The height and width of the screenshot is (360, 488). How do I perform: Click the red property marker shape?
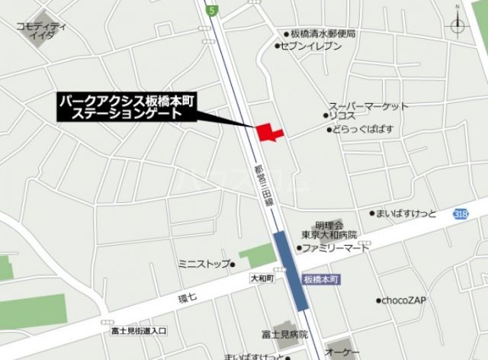(x=268, y=132)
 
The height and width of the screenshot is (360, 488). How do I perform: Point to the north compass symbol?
(x=457, y=24)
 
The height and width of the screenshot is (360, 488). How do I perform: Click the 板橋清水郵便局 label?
(x=323, y=34)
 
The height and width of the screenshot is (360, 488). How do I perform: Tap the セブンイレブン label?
(x=313, y=47)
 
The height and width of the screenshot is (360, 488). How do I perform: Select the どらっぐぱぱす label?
(x=361, y=130)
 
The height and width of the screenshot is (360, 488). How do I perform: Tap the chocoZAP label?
(x=403, y=300)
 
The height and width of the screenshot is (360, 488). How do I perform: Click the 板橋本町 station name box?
(x=321, y=279)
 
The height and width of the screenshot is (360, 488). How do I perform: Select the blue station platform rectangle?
(x=291, y=270)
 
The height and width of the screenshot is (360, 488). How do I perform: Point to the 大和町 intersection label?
(x=261, y=279)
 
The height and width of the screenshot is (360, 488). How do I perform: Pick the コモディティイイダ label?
(x=41, y=30)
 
